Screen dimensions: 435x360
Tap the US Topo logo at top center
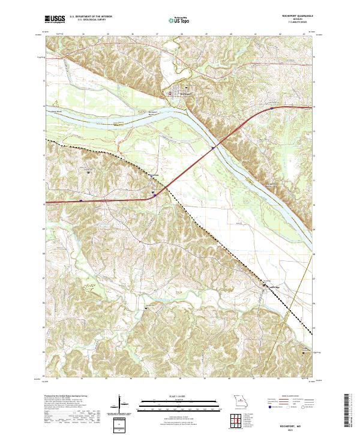pyautogui.click(x=180, y=20)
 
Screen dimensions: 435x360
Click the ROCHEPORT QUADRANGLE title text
pyautogui.click(x=290, y=17)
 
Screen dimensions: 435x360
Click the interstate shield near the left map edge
pyautogui.click(x=81, y=201)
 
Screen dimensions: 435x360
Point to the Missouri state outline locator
pyautogui.click(x=240, y=401)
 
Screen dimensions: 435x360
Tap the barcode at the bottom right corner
pyautogui.click(x=348, y=411)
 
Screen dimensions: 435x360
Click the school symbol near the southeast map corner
pyautogui.click(x=303, y=353)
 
